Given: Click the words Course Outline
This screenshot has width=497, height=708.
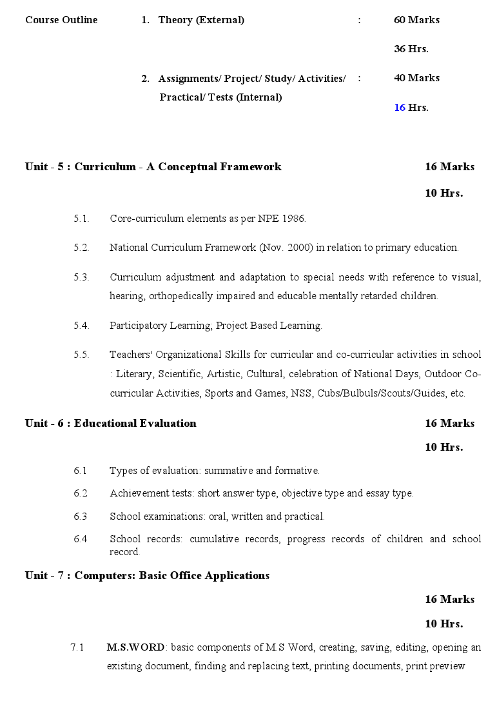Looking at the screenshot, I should click(x=61, y=20).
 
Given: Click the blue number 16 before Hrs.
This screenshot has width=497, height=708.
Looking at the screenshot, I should click(x=400, y=108).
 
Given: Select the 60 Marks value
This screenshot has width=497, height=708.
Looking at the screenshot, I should click(x=416, y=20).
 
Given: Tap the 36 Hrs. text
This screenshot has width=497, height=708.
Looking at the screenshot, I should click(x=411, y=49).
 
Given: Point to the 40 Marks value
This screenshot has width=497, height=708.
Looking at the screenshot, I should click(x=416, y=78).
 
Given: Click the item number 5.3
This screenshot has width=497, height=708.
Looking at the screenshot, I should click(x=81, y=277).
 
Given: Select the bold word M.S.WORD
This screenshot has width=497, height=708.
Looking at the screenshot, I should click(x=135, y=647).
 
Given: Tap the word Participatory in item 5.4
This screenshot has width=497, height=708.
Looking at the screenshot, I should click(x=137, y=326).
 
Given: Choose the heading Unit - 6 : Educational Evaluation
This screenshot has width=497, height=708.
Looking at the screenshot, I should click(x=111, y=424).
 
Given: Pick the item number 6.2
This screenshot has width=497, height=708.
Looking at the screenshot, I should click(x=80, y=494).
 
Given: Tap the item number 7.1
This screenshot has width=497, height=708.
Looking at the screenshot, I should click(x=77, y=647).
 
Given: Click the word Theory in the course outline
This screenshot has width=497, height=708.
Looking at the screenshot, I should click(x=175, y=20).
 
